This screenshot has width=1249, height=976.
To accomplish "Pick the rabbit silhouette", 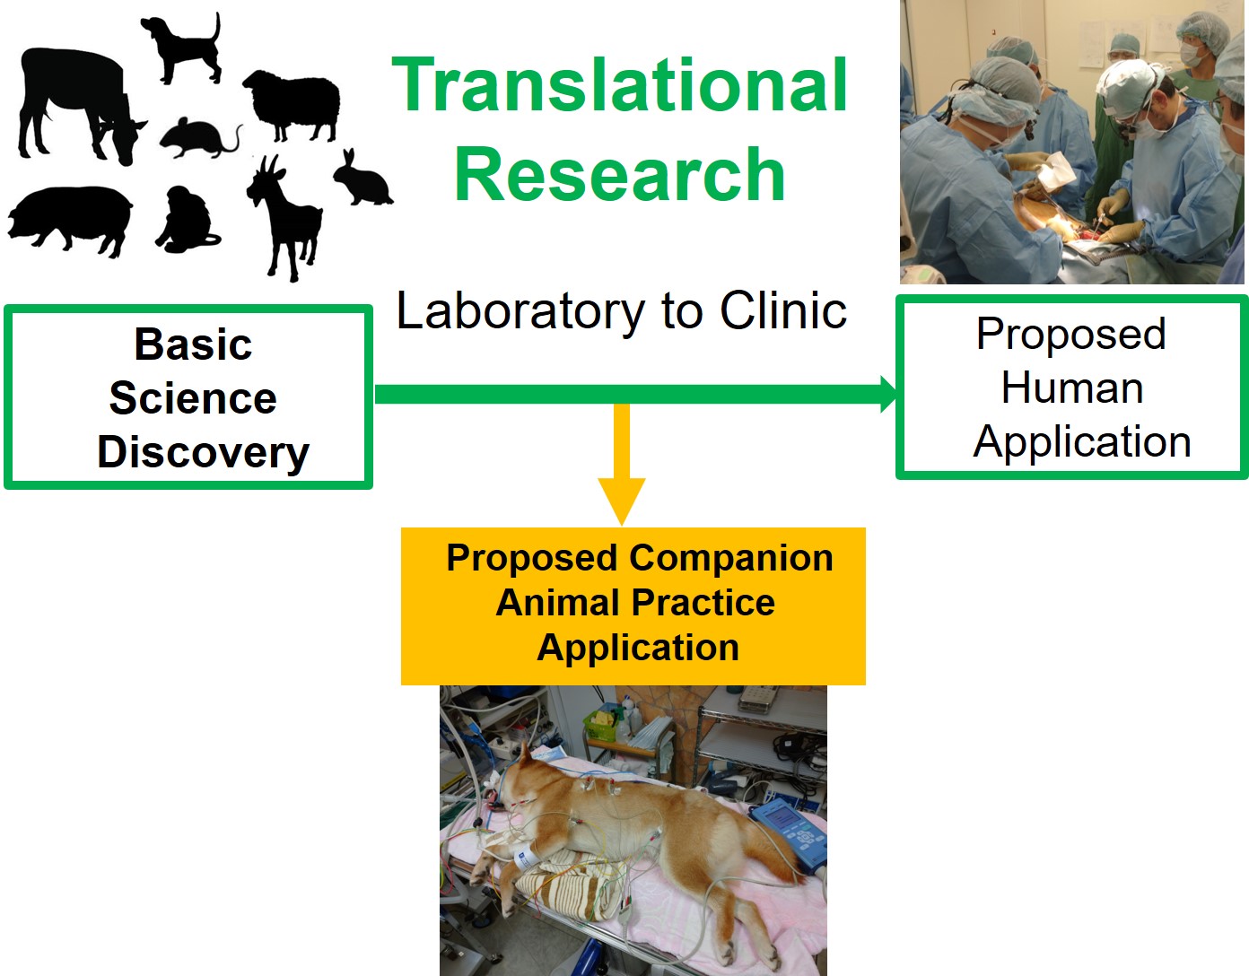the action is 363,179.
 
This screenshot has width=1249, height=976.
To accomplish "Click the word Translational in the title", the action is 620,85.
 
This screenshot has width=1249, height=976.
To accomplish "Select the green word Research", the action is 620,173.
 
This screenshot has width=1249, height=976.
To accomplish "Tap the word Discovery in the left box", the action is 203,453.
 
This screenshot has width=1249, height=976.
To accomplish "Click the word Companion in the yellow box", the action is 730,558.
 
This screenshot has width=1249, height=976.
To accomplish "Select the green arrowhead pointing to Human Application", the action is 889,394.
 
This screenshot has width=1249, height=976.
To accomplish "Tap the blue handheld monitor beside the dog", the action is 790,834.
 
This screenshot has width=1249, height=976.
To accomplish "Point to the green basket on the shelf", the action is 601,725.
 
